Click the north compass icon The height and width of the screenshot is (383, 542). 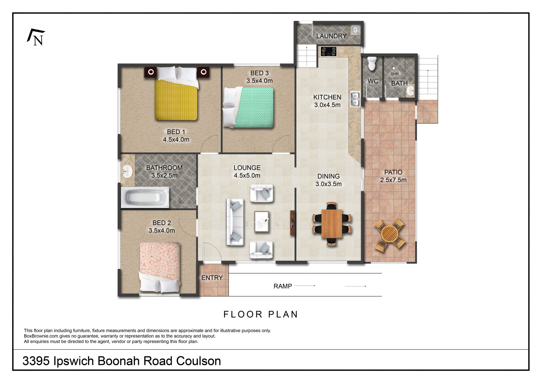coord(36,37)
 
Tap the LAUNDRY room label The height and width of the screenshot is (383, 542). coord(331,36)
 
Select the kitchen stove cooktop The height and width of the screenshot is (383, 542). coord(329,51)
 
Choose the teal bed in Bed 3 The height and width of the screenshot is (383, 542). coord(248,107)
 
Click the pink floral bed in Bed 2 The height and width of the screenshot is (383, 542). coord(160,266)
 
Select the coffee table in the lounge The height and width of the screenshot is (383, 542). coord(262,222)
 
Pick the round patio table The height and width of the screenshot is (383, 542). coord(390,233)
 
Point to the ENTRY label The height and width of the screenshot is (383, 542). coord(212,278)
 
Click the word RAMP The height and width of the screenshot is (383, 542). coord(283,286)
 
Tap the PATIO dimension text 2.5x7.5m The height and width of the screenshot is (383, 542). coord(393,180)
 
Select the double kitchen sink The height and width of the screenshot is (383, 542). coord(355,99)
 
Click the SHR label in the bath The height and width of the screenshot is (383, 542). coord(394,74)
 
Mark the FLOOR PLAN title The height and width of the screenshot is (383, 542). coord(261,314)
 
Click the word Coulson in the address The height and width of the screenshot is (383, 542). coord(198,361)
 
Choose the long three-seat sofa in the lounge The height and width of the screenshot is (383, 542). coord(235,222)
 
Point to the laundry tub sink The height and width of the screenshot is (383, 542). coord(355,30)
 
